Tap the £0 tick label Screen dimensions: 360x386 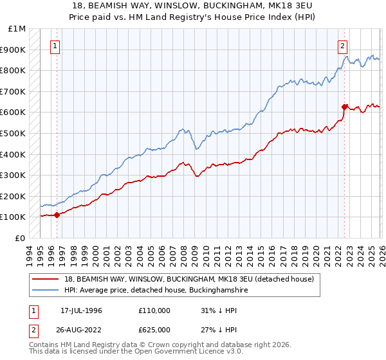pyautogui.click(x=21, y=238)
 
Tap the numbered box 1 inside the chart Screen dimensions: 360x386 pyautogui.click(x=55, y=46)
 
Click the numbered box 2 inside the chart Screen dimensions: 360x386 pyautogui.click(x=343, y=46)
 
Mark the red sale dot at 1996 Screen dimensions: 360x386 pyautogui.click(x=57, y=215)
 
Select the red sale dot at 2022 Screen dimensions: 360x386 pyautogui.click(x=345, y=107)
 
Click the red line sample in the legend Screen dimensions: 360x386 pyautogui.click(x=47, y=279)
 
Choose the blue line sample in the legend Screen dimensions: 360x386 pyautogui.click(x=47, y=291)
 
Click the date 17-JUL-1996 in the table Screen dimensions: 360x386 pyautogui.click(x=81, y=310)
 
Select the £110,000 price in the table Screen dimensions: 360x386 pyautogui.click(x=154, y=310)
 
